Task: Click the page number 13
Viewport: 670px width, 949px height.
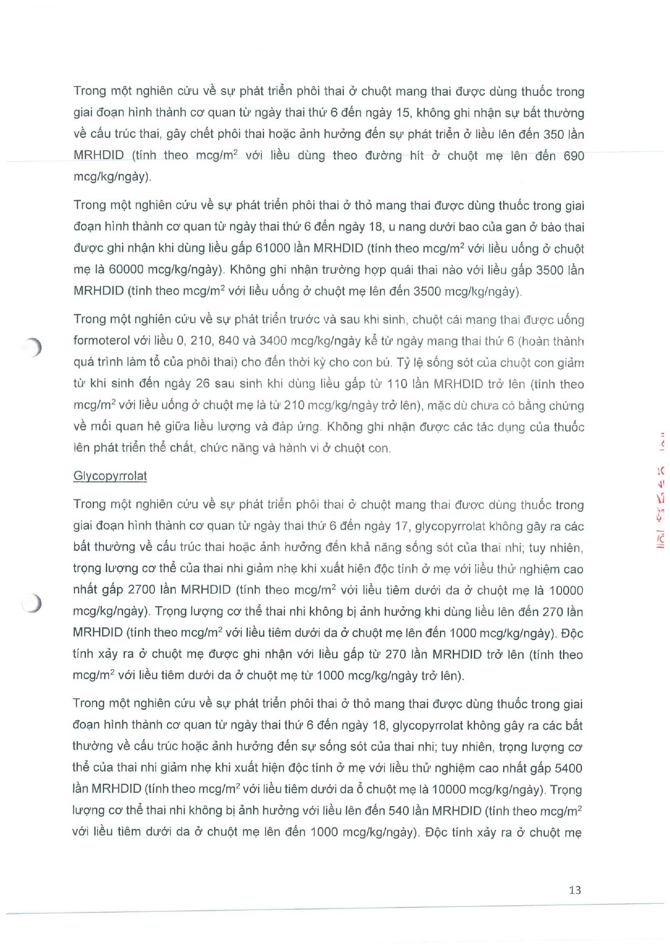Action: click(x=574, y=890)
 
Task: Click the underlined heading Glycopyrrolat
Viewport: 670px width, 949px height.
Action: click(x=110, y=476)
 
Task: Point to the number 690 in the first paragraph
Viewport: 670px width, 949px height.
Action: click(x=573, y=156)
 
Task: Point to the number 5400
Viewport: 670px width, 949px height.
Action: click(x=568, y=768)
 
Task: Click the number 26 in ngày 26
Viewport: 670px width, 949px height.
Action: click(x=202, y=384)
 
